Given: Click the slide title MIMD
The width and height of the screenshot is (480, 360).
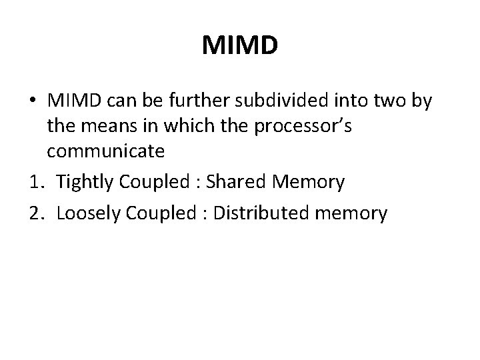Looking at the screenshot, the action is (x=239, y=46).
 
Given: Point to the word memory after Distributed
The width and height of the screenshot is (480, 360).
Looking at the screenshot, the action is (x=353, y=214).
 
